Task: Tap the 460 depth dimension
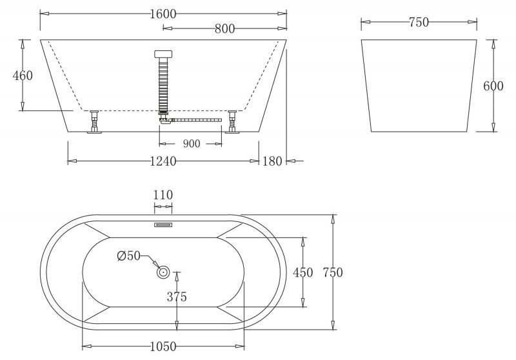(23, 75)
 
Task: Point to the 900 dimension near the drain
(192, 143)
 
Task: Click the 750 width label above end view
(419, 23)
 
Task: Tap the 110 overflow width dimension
(163, 195)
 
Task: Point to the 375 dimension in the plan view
(177, 297)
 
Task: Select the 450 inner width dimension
(303, 273)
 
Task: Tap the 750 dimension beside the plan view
(332, 272)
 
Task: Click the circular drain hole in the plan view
(163, 274)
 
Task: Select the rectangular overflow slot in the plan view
(163, 225)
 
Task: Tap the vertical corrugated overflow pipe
(163, 84)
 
